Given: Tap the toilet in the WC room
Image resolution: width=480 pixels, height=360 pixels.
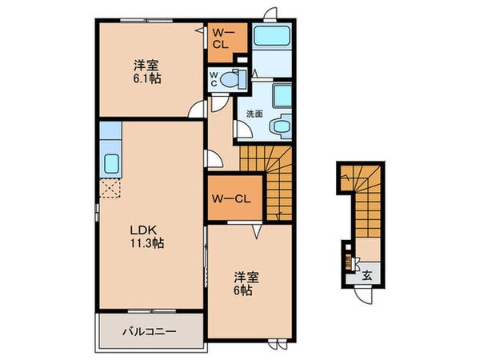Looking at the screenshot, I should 233,80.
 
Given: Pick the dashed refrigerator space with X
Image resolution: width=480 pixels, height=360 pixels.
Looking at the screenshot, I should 110,187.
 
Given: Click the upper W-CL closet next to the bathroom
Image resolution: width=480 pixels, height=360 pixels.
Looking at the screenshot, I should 223,38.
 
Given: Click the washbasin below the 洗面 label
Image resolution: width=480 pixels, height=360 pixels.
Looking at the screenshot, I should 279,126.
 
